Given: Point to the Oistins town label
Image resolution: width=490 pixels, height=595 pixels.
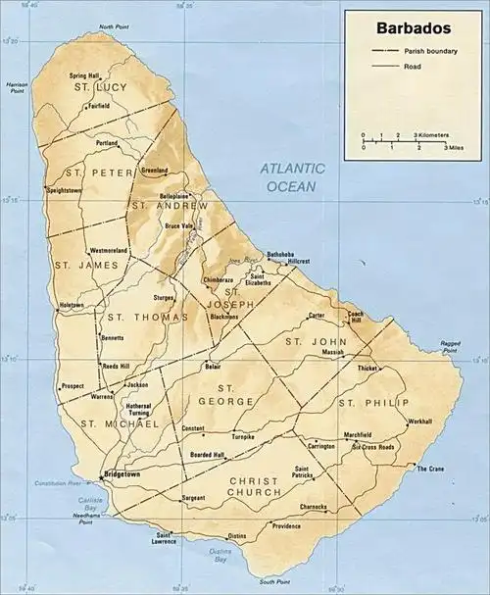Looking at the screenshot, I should click(x=237, y=536).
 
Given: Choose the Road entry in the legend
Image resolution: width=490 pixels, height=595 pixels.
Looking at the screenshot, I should click(x=413, y=66).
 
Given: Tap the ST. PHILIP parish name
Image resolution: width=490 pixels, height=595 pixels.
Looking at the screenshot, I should click(x=365, y=403).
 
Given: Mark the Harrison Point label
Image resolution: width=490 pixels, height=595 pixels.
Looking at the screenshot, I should click(x=17, y=89).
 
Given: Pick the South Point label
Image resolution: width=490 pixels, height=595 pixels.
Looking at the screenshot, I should click(x=247, y=582).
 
